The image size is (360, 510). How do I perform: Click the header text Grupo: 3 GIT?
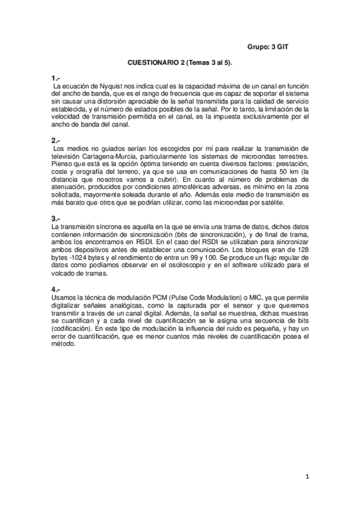(272, 47)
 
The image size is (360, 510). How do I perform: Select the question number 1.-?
(56, 79)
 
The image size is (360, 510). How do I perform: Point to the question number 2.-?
(56, 141)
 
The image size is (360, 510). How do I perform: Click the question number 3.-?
(56, 218)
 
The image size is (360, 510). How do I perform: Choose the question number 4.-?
(56, 289)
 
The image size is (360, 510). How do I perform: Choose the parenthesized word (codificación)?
(72, 329)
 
